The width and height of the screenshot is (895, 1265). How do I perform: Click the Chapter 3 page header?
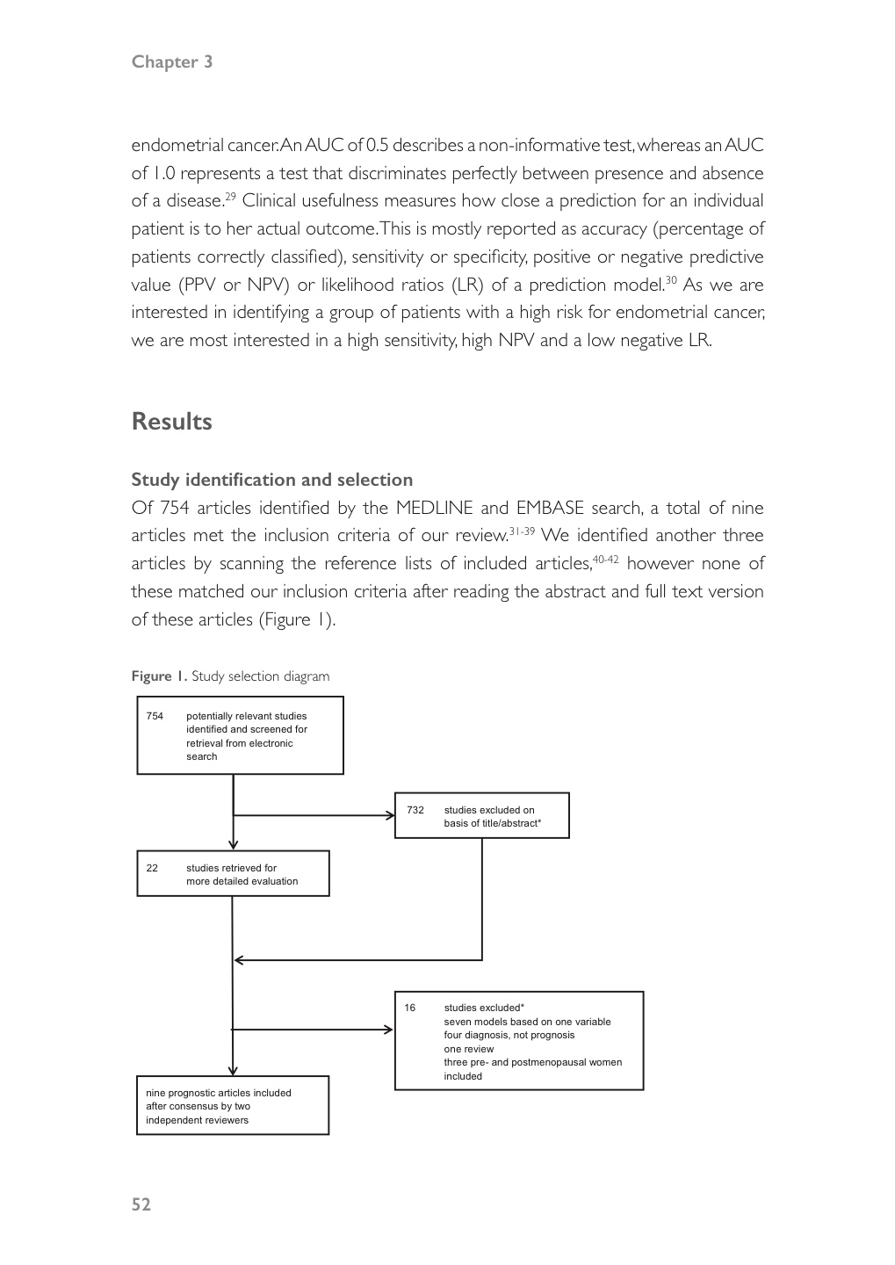tap(172, 61)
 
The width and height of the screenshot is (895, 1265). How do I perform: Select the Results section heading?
tap(172, 422)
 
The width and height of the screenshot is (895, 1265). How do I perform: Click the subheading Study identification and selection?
tap(271, 480)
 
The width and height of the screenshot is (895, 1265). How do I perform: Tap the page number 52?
tap(141, 1204)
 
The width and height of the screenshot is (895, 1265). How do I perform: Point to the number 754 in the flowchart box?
tap(155, 716)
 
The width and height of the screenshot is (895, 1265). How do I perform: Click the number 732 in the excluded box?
tap(415, 810)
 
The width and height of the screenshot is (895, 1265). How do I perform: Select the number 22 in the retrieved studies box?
tap(152, 868)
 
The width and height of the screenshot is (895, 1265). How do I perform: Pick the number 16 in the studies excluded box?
tap(410, 1008)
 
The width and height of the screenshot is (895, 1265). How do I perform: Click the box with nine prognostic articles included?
tap(233, 1106)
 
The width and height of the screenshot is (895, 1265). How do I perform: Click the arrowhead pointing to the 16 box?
tap(389, 1030)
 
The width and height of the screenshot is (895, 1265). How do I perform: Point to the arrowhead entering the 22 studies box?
tap(233, 844)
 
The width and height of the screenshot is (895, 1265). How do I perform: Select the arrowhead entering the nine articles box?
tap(233, 1070)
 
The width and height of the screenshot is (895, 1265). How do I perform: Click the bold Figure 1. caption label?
tap(159, 676)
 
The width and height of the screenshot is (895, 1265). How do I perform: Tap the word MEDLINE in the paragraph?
tap(434, 508)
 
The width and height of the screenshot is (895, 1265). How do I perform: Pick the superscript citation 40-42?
tap(607, 559)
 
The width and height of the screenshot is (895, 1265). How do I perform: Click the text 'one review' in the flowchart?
tap(469, 1049)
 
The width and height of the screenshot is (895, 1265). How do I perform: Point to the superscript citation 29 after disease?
tap(230, 196)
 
